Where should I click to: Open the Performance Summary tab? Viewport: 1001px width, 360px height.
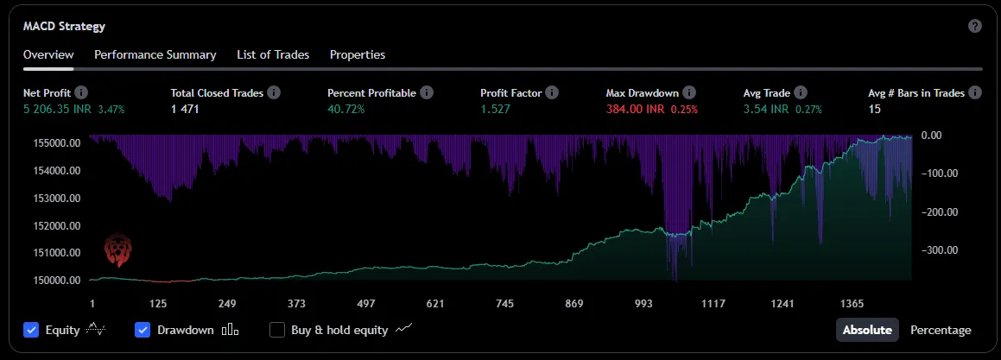point(155,54)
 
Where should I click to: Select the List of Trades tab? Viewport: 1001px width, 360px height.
point(273,54)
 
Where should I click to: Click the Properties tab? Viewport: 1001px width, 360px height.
point(358,54)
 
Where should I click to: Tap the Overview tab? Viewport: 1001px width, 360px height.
point(48,54)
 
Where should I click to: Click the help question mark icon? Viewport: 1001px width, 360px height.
point(975,26)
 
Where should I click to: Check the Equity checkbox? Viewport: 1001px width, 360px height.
point(32,330)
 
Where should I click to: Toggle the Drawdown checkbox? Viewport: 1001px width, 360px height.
point(143,330)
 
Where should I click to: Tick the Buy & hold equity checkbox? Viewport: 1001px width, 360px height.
point(277,330)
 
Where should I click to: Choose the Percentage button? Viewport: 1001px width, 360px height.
point(941,330)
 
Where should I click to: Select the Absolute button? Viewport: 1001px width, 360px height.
point(866,330)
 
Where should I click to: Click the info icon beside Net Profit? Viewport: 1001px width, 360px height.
point(81,92)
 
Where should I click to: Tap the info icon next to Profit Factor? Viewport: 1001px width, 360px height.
point(552,92)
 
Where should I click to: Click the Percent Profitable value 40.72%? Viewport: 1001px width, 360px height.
point(346,110)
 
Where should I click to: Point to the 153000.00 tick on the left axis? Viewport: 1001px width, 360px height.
point(54,198)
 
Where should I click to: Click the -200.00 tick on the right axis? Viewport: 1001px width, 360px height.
point(941,212)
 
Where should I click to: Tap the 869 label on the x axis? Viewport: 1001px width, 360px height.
point(573,304)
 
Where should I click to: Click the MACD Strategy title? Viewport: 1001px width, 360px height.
point(64,26)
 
